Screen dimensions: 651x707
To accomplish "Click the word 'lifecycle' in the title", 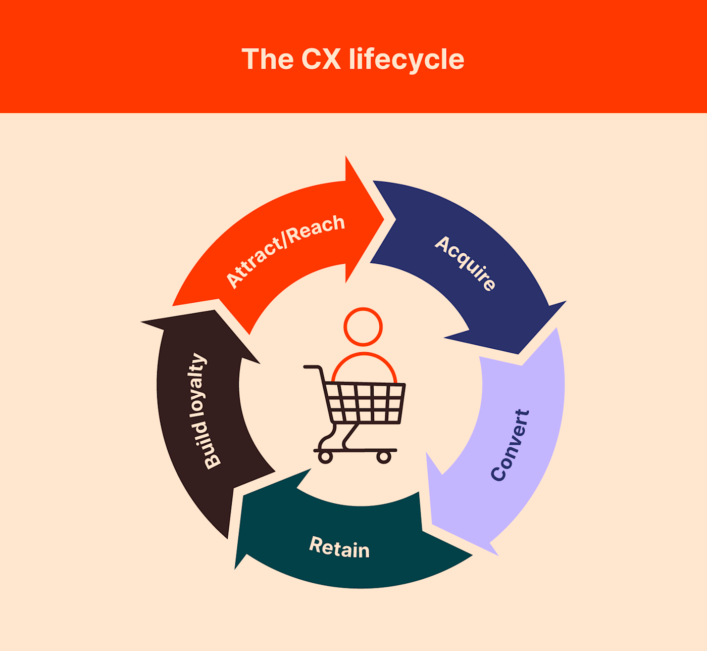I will click(x=406, y=60).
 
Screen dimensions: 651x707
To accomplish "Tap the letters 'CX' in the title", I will click(x=321, y=60).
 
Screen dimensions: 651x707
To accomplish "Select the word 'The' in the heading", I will click(x=267, y=60).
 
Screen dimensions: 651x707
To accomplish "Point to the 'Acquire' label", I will click(x=465, y=263).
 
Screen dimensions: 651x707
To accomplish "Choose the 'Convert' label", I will click(x=510, y=445).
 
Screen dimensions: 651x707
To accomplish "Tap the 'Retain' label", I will click(x=339, y=547).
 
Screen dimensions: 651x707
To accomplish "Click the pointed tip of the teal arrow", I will click(x=236, y=568).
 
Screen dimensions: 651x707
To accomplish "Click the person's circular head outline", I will click(x=363, y=327).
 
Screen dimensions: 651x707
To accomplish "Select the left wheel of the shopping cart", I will click(x=325, y=457).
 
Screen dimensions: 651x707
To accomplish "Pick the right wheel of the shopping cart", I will click(x=384, y=457).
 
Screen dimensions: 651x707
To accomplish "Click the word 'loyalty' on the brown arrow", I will click(x=198, y=385).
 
